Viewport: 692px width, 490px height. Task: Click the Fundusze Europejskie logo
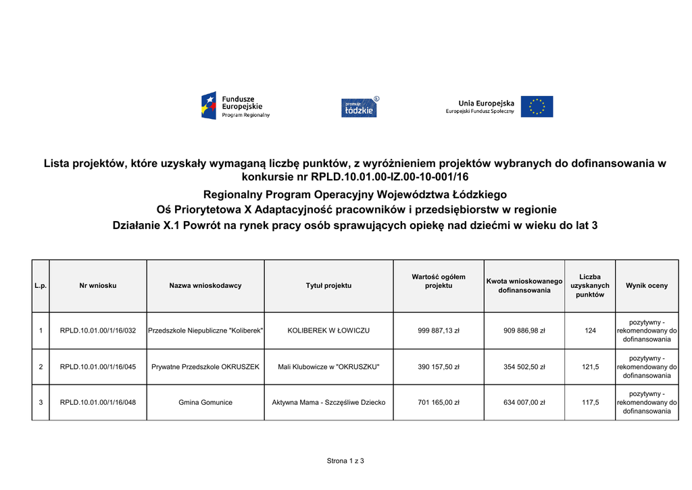235,106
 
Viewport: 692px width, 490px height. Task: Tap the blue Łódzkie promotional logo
359,107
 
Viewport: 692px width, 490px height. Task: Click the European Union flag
537,107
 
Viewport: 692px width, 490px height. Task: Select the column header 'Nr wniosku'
98,286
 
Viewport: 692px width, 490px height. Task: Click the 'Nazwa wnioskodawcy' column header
205,286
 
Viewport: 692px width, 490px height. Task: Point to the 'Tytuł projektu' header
328,286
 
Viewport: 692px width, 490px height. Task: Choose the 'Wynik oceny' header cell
647,286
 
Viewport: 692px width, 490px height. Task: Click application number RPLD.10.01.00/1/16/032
98,330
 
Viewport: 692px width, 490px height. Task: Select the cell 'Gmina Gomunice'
205,402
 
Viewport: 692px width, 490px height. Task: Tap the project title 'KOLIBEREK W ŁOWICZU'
328,330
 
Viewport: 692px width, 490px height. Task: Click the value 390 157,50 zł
439,367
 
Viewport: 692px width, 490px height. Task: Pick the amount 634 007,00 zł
524,402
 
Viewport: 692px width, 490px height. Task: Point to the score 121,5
590,367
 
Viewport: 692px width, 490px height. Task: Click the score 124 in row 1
590,330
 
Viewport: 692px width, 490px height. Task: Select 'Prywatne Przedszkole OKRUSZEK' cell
205,367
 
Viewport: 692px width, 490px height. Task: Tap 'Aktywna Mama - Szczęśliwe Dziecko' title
328,402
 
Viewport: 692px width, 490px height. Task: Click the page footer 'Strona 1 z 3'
345,461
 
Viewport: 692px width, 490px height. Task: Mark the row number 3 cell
41,402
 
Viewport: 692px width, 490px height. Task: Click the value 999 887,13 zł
439,330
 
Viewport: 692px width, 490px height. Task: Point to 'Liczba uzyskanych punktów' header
590,286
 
